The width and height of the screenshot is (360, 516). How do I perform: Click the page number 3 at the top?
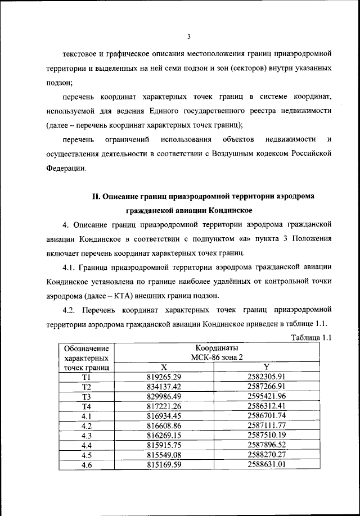190,37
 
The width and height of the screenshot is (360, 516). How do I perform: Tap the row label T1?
86,377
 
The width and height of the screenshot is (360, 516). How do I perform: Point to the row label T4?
86,406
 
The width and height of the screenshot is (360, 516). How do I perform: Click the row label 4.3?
86,435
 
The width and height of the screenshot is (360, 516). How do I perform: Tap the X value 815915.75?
164,445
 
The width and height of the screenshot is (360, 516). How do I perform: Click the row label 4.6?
86,465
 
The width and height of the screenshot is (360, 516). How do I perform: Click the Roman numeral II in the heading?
96,196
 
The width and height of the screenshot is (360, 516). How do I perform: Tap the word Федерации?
66,168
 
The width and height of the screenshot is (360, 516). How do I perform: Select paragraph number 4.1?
72,266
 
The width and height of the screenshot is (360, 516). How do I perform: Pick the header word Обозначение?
86,347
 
